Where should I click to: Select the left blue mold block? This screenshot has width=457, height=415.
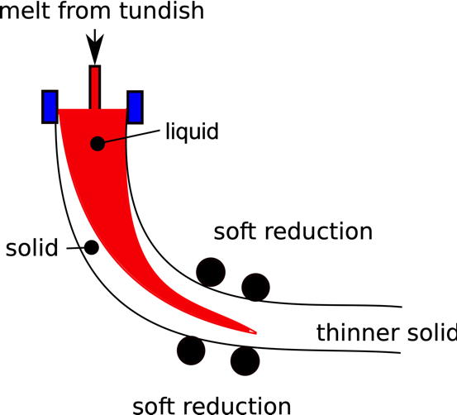point(48,107)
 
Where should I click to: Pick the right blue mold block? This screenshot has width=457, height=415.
point(136,107)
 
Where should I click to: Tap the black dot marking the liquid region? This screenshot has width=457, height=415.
point(98,143)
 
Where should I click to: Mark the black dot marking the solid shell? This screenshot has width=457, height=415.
point(92,247)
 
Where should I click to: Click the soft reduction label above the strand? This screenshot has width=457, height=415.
point(293,231)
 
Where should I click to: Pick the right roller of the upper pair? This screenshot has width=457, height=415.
point(255,287)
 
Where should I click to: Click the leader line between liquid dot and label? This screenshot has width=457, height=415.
point(131,136)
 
